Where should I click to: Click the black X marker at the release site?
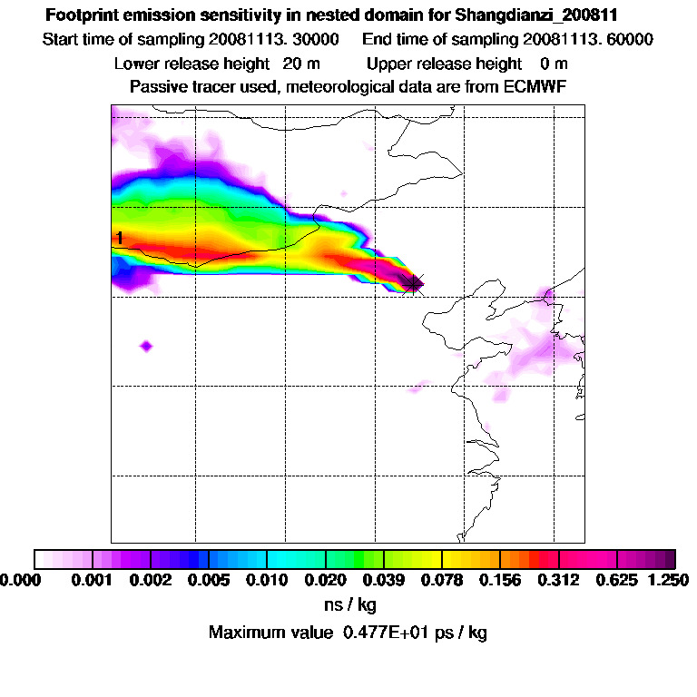point(415,283)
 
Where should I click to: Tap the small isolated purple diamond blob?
point(146,346)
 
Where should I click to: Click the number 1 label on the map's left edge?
point(119,239)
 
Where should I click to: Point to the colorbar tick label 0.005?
point(210,579)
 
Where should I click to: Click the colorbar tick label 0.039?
point(384,579)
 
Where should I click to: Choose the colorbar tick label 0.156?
point(501,579)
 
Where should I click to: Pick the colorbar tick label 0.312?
point(559,579)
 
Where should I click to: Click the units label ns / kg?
point(349,604)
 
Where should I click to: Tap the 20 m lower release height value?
point(298,64)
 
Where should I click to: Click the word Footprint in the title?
point(79,15)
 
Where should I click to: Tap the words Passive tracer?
point(180,86)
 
